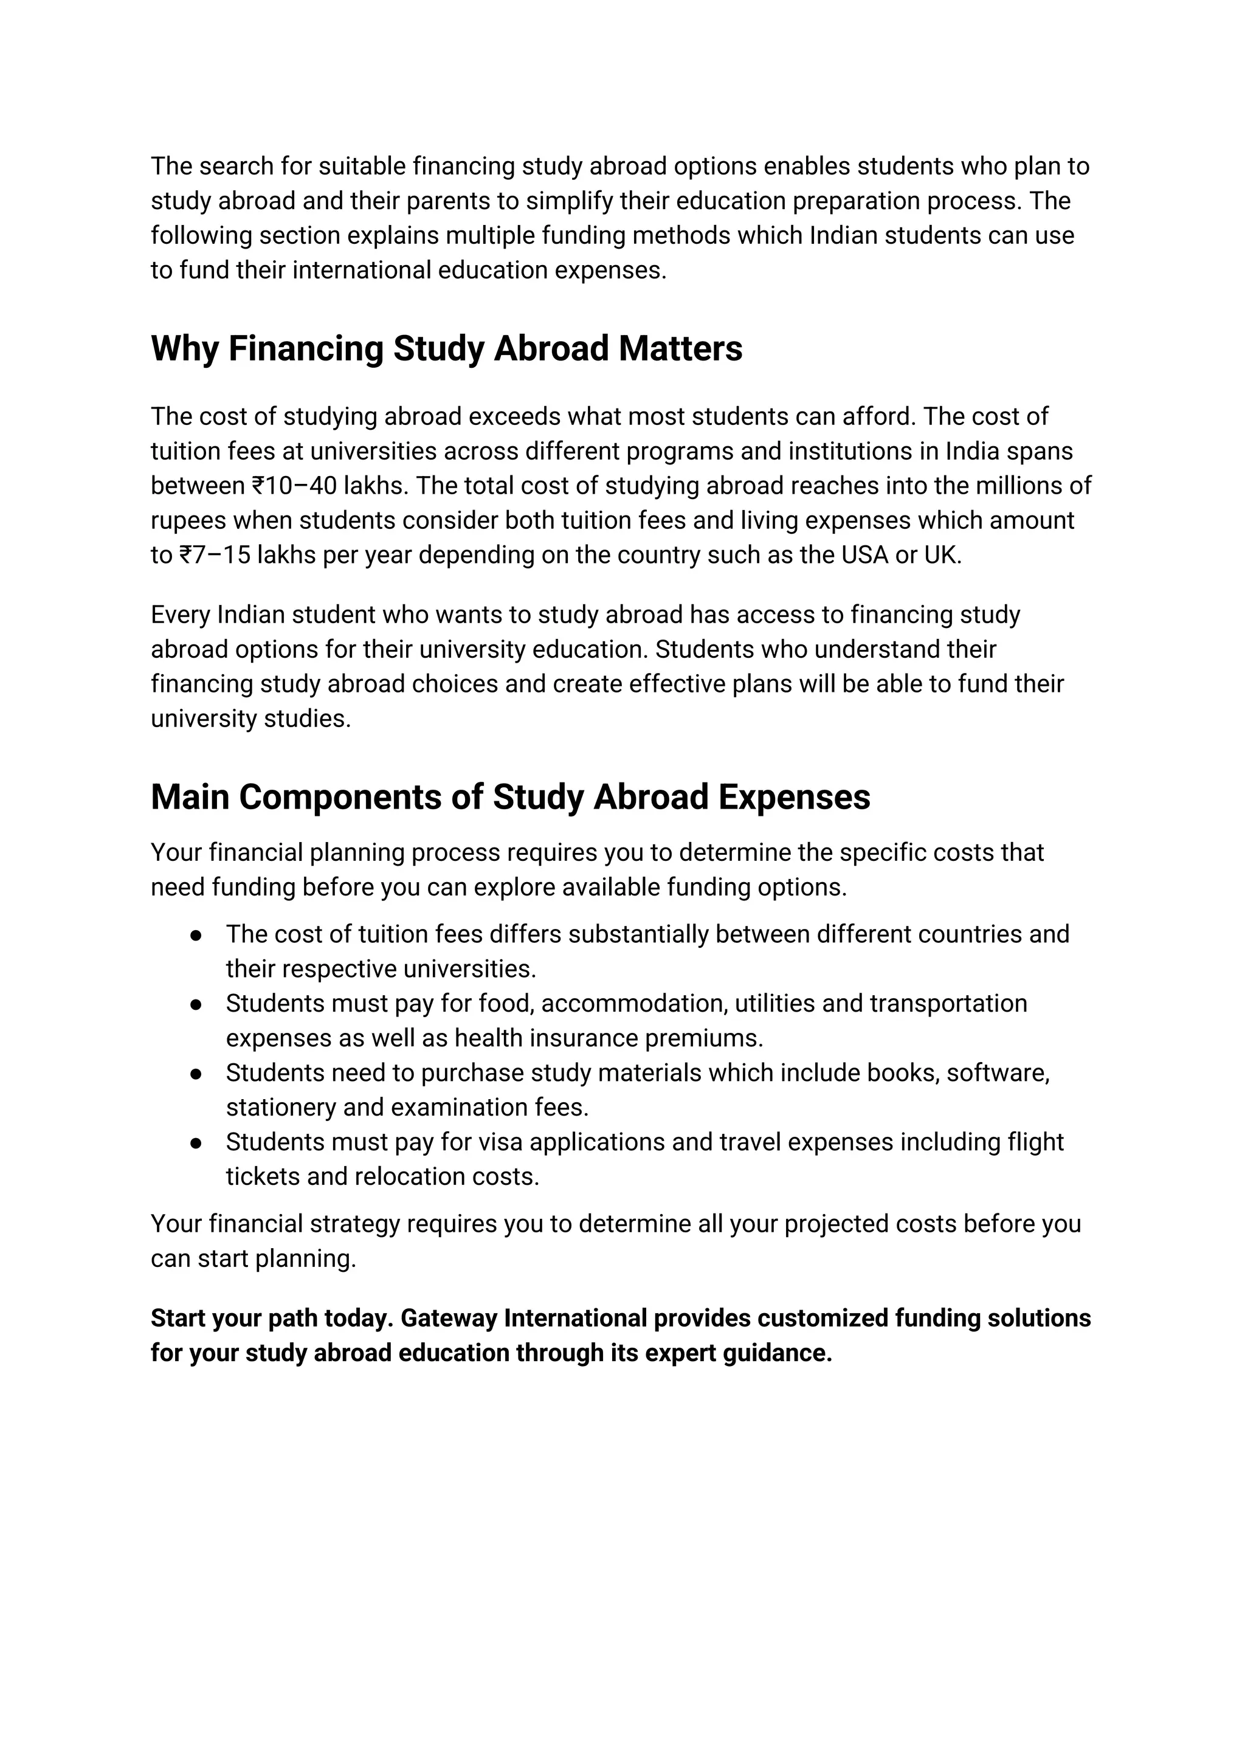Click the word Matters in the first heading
coord(680,349)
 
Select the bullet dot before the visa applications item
coord(196,1144)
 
